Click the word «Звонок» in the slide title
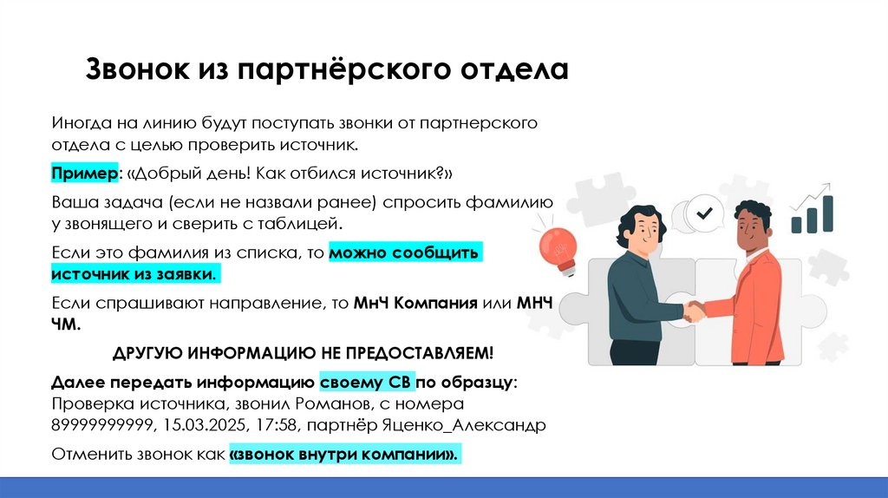pos(131,70)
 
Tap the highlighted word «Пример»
pos(84,174)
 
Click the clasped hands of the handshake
pos(694,310)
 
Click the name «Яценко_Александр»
pos(474,426)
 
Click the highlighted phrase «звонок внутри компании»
pos(344,455)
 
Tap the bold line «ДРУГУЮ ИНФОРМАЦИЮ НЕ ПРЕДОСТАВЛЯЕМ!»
pos(303,353)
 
